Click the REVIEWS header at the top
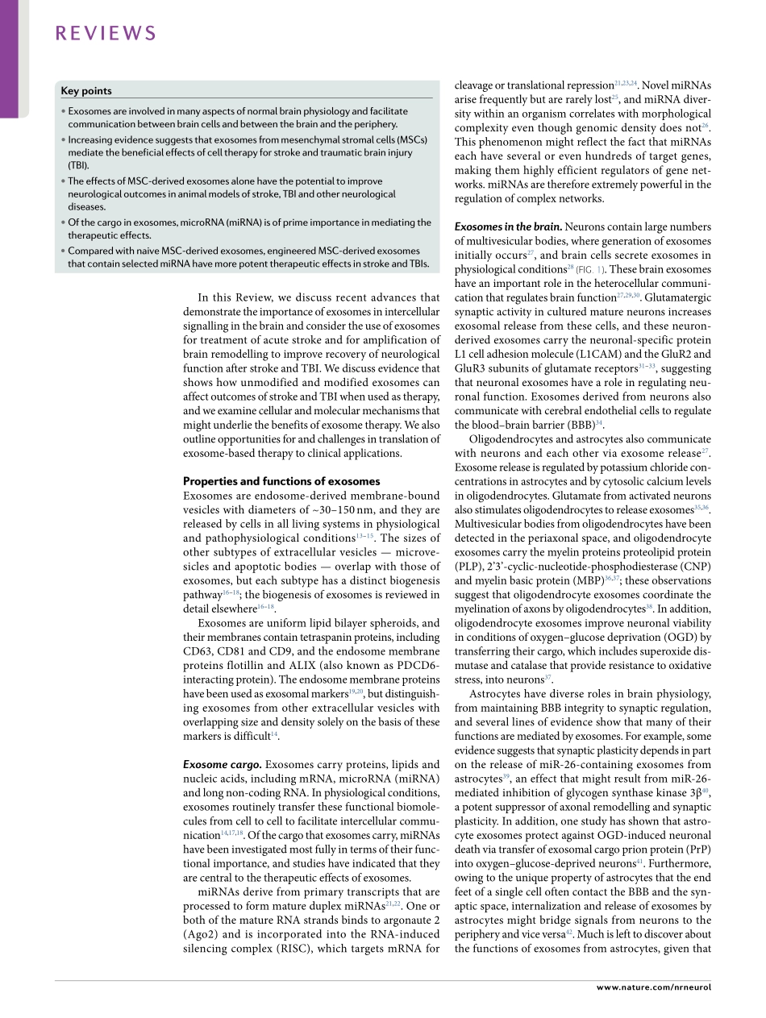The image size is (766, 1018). (106, 33)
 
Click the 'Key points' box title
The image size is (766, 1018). (86, 91)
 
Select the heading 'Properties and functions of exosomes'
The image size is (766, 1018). (281, 481)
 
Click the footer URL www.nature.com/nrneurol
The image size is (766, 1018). (654, 988)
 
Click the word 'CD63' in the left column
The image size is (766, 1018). (198, 651)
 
